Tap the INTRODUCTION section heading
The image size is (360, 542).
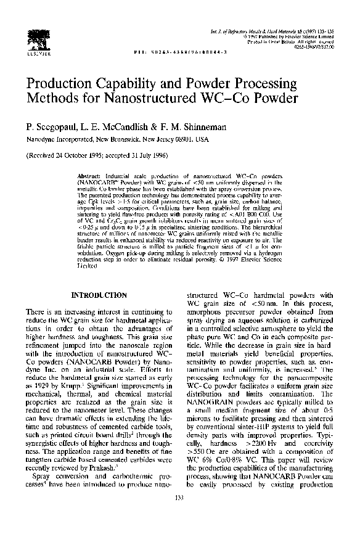coord(99,295)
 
